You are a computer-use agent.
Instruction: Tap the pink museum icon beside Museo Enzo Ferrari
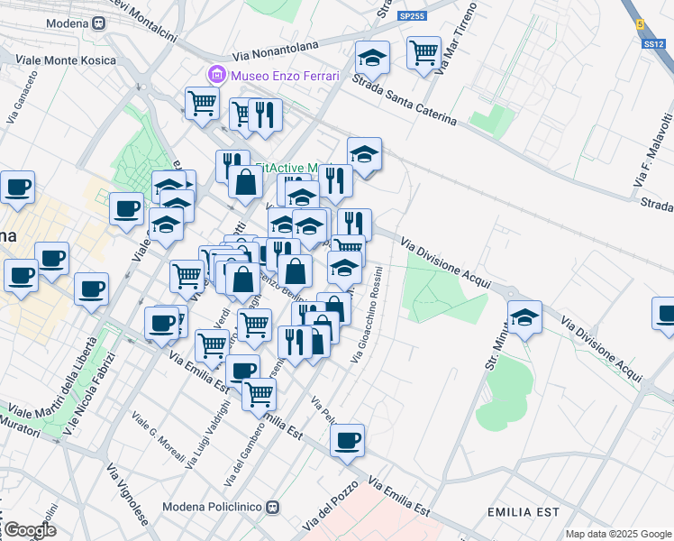coord(215,74)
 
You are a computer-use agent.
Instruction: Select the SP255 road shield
coord(411,16)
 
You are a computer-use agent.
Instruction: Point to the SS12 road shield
coord(653,43)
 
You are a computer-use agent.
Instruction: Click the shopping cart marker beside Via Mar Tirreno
coord(423,51)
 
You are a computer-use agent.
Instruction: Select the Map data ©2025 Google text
coord(618,534)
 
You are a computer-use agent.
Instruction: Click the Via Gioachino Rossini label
coord(366,315)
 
